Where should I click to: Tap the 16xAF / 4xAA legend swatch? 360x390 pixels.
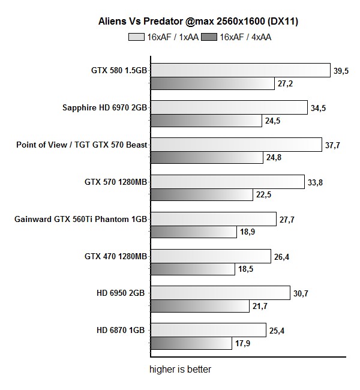[x=211, y=37]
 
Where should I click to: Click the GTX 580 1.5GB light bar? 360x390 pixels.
[x=240, y=70]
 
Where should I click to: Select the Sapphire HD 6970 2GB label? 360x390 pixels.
[x=104, y=108]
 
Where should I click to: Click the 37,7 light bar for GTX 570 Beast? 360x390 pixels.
[x=236, y=145]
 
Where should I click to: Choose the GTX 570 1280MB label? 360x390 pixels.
[x=116, y=182]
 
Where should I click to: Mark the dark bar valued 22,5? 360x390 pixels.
[x=201, y=195]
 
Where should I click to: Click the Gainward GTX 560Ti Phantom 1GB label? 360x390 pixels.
[x=80, y=219]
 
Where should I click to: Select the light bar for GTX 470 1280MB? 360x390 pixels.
[x=210, y=257]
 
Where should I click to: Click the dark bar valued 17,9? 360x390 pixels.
[x=191, y=343]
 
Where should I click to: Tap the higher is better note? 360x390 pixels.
[x=180, y=369]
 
